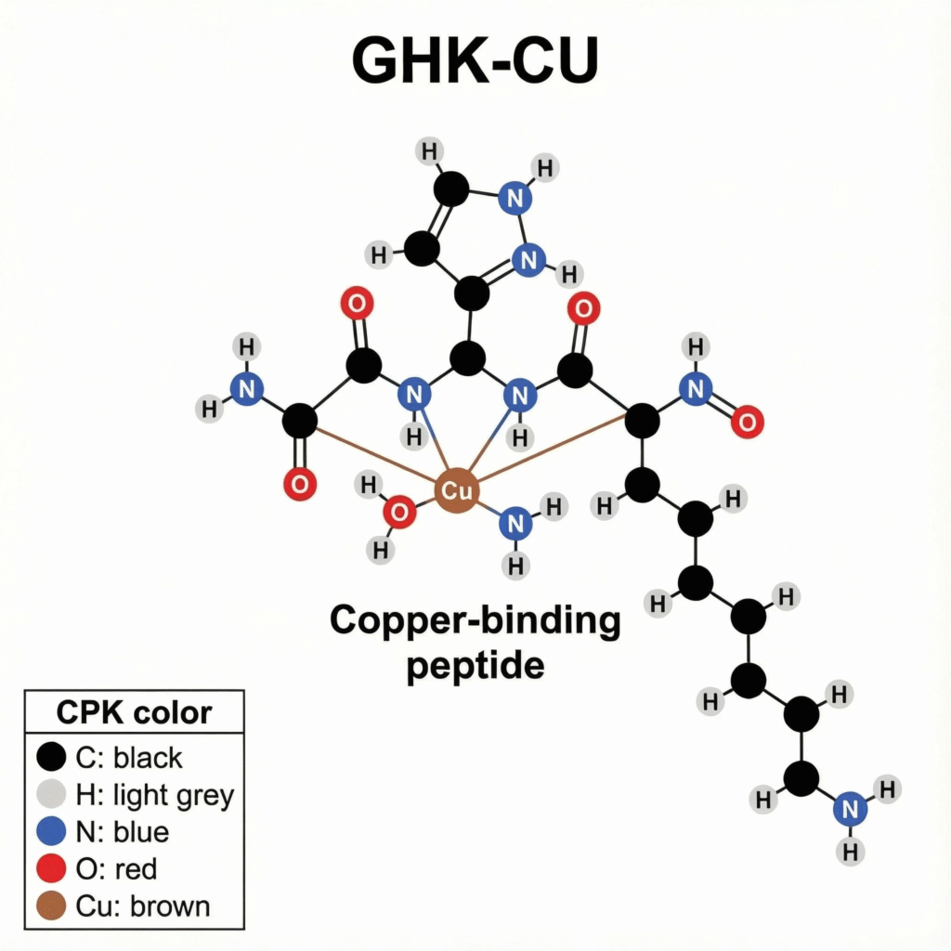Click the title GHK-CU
pyautogui.click(x=475, y=62)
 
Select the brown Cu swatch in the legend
pyautogui.click(x=52, y=905)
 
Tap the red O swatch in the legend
pyautogui.click(x=52, y=868)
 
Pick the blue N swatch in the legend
pyautogui.click(x=52, y=831)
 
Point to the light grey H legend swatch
pyautogui.click(x=52, y=794)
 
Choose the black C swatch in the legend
pyautogui.click(x=52, y=757)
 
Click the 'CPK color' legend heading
pyautogui.click(x=134, y=713)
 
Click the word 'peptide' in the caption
pyautogui.click(x=475, y=665)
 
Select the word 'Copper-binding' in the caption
pyautogui.click(x=475, y=619)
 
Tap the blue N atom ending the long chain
pyautogui.click(x=849, y=809)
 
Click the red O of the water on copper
pyautogui.click(x=399, y=512)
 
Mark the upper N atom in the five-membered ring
pyautogui.click(x=515, y=198)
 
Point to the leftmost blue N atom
pyautogui.click(x=246, y=388)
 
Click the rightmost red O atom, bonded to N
pyautogui.click(x=746, y=422)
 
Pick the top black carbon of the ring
pyautogui.click(x=451, y=189)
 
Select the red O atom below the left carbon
pyautogui.click(x=299, y=484)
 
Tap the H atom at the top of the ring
pyautogui.click(x=428, y=150)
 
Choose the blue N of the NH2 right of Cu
pyautogui.click(x=515, y=524)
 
